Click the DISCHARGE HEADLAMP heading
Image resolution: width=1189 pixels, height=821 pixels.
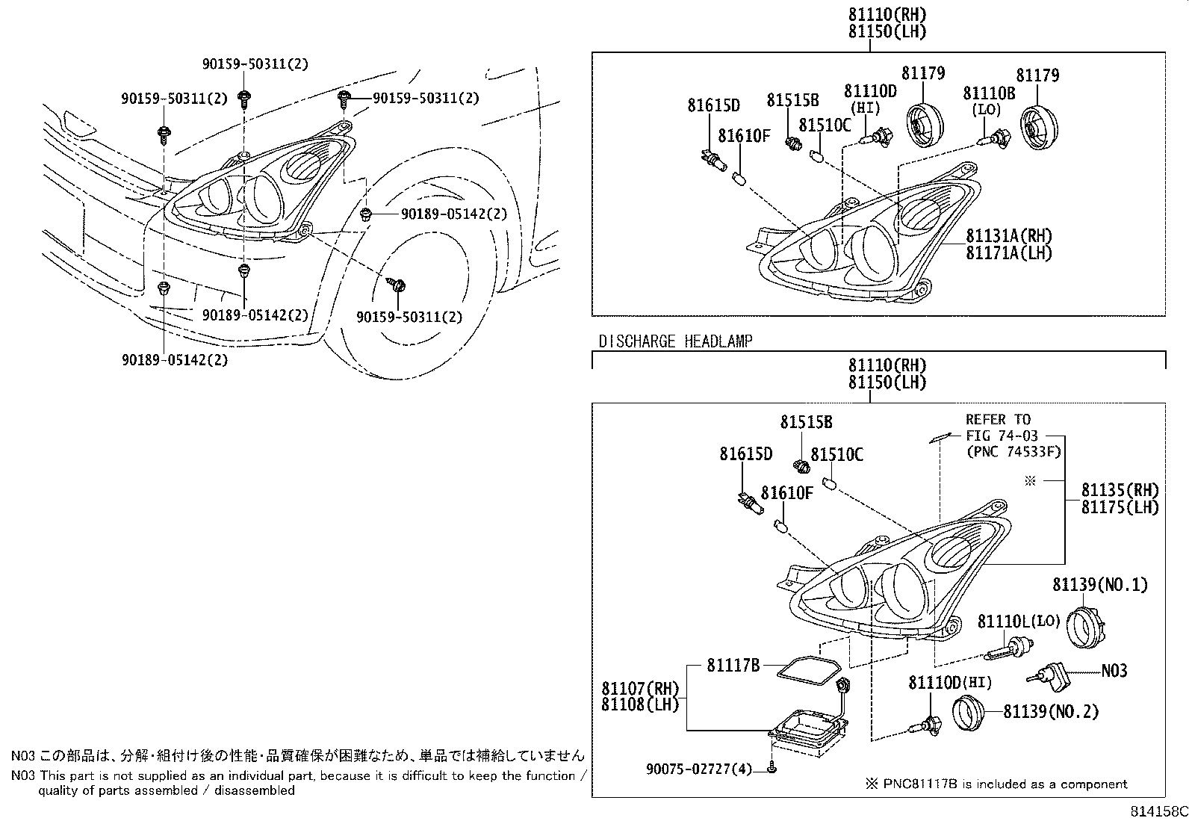[x=675, y=341]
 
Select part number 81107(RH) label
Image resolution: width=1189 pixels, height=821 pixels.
[x=640, y=687]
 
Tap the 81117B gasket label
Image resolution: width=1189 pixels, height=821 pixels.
[x=733, y=665]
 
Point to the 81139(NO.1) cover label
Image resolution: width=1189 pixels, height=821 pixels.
[x=1100, y=584]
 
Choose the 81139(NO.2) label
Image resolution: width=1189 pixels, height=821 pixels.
[x=1051, y=711]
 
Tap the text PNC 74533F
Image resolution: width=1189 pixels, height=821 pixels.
[x=1013, y=451]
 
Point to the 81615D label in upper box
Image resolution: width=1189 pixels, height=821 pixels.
[x=713, y=105]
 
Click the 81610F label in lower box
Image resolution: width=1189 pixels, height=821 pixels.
[x=786, y=492]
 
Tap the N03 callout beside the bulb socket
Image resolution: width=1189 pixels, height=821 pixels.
[x=1114, y=671]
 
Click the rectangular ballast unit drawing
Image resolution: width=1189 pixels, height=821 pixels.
[x=810, y=727]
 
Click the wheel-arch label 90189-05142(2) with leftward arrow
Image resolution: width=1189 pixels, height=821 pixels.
[x=453, y=214]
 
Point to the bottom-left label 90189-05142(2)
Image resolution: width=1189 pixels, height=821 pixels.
[x=175, y=359]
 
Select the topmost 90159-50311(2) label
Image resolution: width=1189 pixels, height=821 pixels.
[x=254, y=64]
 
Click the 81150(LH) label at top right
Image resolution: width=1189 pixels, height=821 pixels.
[x=887, y=31]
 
